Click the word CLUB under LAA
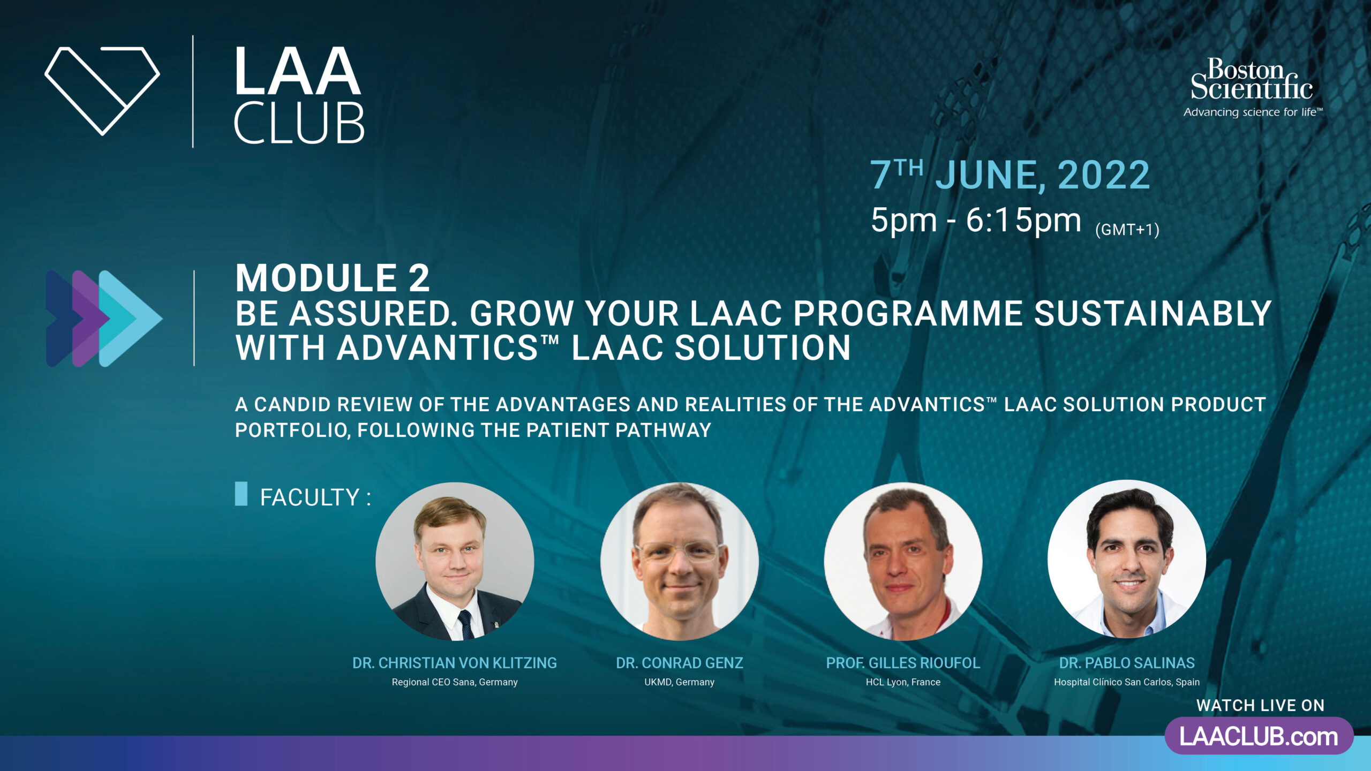click(x=299, y=123)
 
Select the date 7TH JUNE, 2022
click(x=1010, y=175)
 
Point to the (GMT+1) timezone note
click(x=1127, y=230)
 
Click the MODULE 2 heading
click(x=333, y=278)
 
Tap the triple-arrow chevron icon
click(x=104, y=319)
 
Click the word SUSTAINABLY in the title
click(x=1152, y=313)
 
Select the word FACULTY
click(x=310, y=497)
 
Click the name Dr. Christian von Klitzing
click(x=455, y=663)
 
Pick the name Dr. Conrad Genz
click(x=680, y=663)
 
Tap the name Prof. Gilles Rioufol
click(x=903, y=663)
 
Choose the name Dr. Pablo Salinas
click(x=1127, y=663)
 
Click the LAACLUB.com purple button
click(x=1259, y=736)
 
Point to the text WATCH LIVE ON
click(x=1260, y=705)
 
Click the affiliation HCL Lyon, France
click(x=903, y=682)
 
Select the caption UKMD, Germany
click(x=680, y=682)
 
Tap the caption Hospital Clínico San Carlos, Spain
click(x=1127, y=682)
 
